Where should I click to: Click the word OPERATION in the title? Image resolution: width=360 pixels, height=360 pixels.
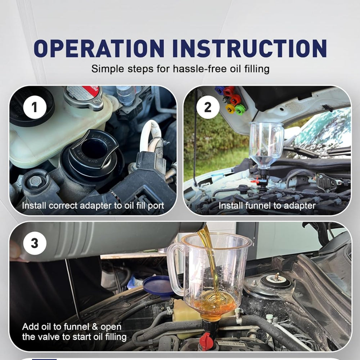point(98,49)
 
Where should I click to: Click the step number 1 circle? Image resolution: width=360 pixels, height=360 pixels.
point(35,107)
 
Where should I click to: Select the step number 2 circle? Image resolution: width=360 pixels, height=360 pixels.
point(208,107)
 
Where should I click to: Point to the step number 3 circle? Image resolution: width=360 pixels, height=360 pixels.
point(35,244)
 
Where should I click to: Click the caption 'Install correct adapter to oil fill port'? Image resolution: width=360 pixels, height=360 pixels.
point(93,206)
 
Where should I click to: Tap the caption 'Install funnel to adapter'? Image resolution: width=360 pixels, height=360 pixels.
point(267,206)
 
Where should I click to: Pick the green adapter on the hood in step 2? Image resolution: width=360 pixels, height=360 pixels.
point(239,108)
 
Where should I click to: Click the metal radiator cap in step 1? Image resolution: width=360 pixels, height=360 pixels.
point(84,97)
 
